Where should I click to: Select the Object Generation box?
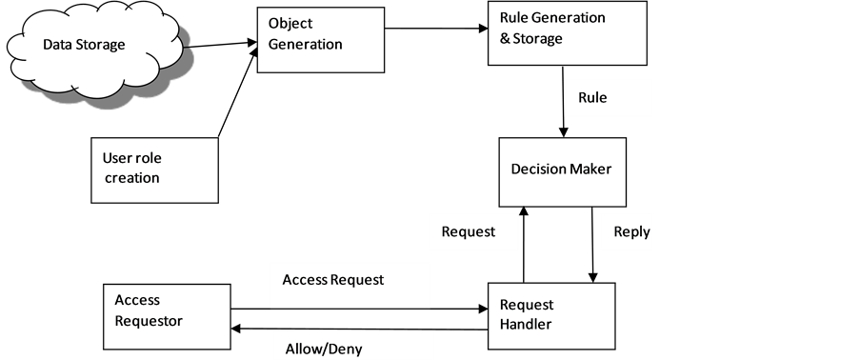coord(320,40)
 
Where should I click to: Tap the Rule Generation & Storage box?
coord(567,33)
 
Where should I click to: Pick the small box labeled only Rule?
coord(608,98)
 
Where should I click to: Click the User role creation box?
coord(154,170)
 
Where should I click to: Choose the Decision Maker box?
coord(562,171)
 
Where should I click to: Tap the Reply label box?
coord(627,232)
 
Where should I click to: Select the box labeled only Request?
coord(473,232)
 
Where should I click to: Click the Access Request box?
coord(349,285)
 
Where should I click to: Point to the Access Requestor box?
coord(166,315)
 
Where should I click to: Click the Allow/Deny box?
coord(352,346)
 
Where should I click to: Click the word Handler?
coord(526,324)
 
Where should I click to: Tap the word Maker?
coord(590,170)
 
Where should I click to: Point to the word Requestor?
coord(149,321)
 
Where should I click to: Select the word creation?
coord(132,178)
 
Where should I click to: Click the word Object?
coord(290,24)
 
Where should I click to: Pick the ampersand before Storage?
coord(506,39)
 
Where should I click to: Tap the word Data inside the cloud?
coord(59,45)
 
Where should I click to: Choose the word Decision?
coord(538,170)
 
